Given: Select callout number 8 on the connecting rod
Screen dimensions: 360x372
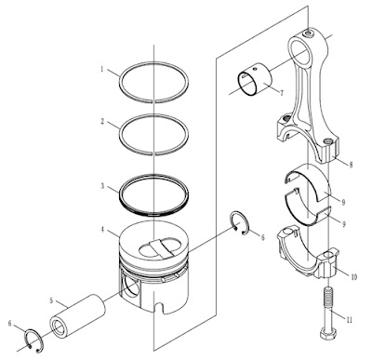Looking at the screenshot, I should [x=352, y=165].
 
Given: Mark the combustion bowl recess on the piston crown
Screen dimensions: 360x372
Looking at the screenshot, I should [x=160, y=247].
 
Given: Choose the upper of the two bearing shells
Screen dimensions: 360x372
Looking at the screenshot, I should [x=310, y=182].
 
